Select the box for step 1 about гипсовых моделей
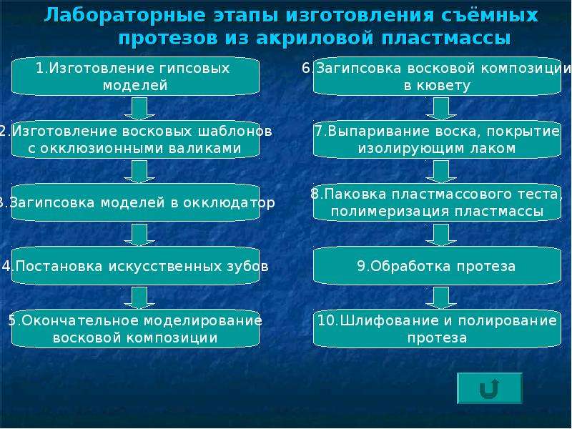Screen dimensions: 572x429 pyautogui.click(x=136, y=77)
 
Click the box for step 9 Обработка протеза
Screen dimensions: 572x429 pyautogui.click(x=437, y=266)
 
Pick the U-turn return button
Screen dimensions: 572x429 pyautogui.click(x=490, y=388)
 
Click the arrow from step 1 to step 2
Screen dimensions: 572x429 pyautogui.click(x=139, y=109)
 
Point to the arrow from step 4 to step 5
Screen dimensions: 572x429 pyautogui.click(x=139, y=297)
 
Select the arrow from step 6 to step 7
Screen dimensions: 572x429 pyautogui.click(x=441, y=109)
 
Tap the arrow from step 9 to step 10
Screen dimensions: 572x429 pyautogui.click(x=441, y=297)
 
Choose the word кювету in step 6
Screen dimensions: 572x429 pyautogui.click(x=443, y=86)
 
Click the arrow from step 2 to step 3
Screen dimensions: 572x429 pyautogui.click(x=139, y=172)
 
